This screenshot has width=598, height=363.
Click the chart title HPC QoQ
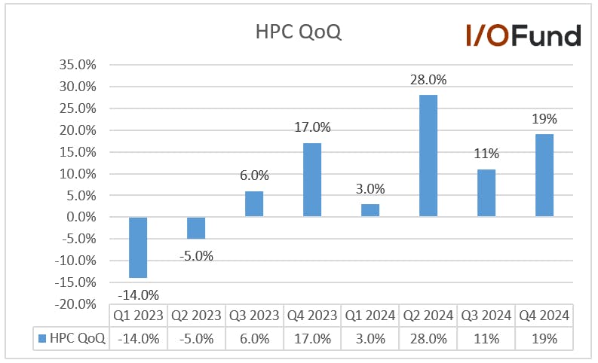point(298,32)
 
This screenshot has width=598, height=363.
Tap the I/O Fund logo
point(523,36)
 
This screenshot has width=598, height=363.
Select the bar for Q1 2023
point(138,247)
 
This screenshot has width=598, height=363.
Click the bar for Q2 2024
point(428,156)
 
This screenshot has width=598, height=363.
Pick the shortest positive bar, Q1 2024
point(370,210)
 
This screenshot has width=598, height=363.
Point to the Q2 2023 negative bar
point(196,227)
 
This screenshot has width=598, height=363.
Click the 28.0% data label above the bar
point(428,80)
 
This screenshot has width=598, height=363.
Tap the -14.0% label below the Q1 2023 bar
point(138,294)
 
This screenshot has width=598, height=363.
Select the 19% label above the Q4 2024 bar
point(544,119)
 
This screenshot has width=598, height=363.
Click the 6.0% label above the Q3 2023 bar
point(254,175)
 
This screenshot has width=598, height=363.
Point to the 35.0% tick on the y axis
point(78,65)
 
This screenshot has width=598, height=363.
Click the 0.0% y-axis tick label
point(81,217)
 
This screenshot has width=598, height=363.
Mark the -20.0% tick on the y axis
point(75,304)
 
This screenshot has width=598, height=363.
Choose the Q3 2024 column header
point(486,316)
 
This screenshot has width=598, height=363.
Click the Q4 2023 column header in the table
point(312,316)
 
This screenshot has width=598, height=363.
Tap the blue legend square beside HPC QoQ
point(42,338)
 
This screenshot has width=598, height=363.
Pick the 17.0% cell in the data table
point(312,339)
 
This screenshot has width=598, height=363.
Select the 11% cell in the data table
point(486,339)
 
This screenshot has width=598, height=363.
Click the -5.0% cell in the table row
point(196,339)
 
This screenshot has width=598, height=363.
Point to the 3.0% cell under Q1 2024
point(370,339)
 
